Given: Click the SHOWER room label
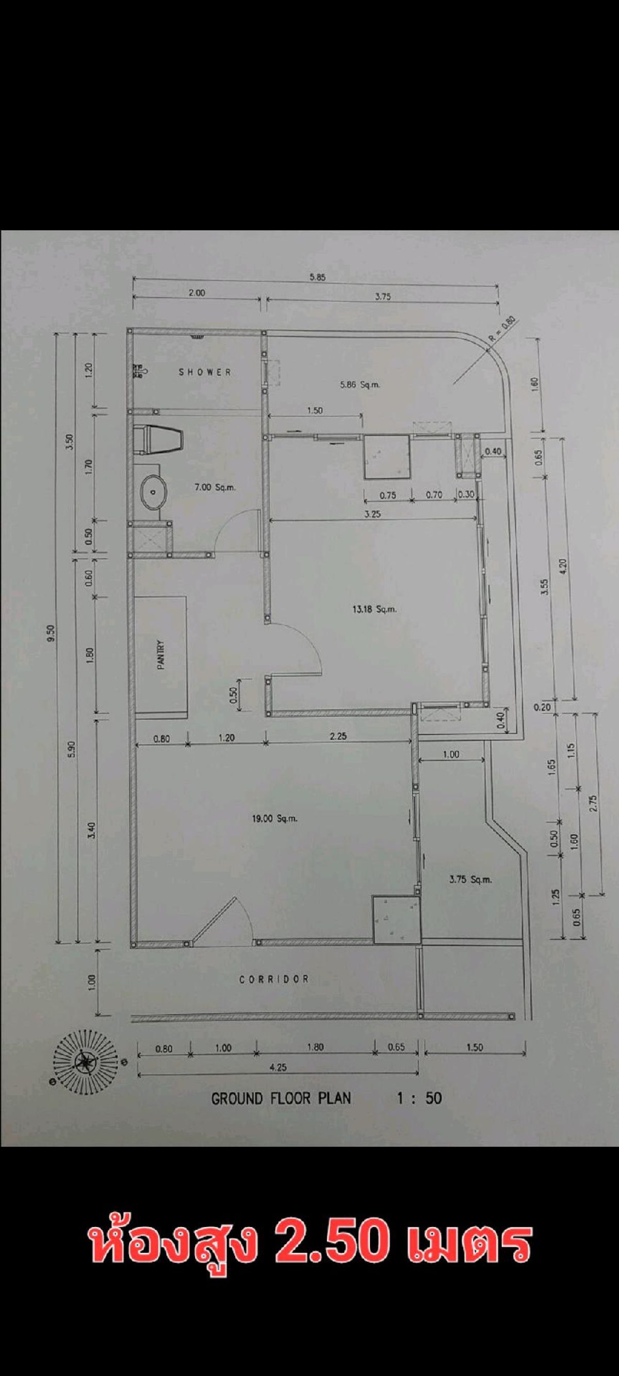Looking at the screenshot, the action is click(205, 372).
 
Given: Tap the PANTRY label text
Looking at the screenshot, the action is click(161, 655).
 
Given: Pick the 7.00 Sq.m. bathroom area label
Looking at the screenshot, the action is click(216, 487).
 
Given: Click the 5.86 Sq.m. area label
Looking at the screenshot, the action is click(360, 384).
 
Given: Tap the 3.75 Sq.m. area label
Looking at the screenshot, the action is click(470, 880).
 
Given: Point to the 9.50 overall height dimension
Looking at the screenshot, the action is click(51, 635).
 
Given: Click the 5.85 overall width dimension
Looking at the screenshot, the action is click(317, 277).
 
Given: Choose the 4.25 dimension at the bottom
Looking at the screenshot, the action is click(278, 1067).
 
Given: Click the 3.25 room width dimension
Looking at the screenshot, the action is click(373, 514).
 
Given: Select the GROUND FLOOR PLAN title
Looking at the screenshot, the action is click(282, 1098).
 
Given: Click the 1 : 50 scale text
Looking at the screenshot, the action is click(419, 1098).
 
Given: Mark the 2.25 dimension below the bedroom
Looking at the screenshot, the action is click(338, 736).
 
